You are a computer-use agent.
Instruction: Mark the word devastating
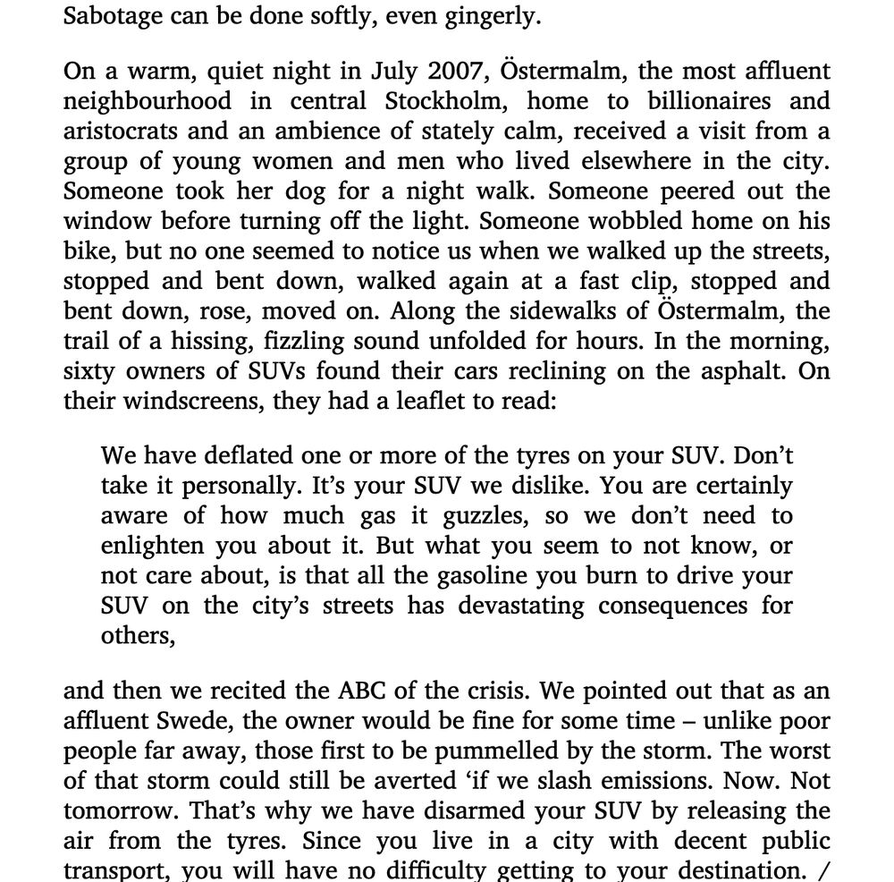(x=520, y=606)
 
